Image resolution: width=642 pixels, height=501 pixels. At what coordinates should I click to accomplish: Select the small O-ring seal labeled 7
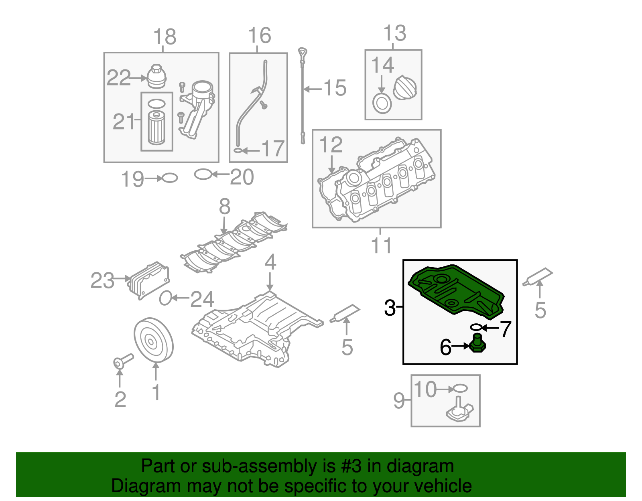476,327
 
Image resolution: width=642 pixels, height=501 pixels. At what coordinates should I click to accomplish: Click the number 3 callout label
390,308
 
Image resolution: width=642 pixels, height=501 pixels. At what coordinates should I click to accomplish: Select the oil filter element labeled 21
156,128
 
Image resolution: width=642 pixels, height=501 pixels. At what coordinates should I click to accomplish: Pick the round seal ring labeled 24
165,298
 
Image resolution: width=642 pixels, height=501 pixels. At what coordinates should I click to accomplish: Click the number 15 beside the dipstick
335,88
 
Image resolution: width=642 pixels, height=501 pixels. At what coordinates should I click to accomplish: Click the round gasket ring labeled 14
382,103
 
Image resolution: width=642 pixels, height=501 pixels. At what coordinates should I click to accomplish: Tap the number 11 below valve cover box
381,245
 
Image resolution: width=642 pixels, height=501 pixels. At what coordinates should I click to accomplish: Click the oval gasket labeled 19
170,178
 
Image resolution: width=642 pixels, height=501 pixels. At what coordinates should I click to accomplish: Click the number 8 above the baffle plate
225,207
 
